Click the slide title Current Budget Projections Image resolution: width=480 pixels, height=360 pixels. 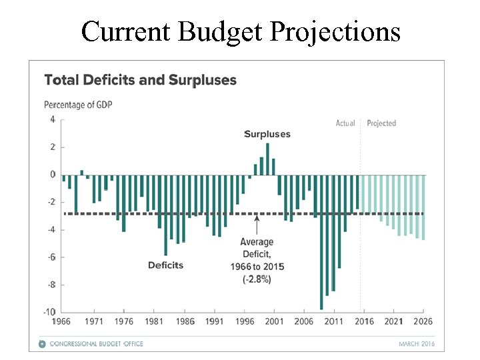pos(240,31)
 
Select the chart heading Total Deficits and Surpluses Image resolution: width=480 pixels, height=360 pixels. pos(140,81)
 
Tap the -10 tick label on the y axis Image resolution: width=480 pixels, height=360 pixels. pos(49,312)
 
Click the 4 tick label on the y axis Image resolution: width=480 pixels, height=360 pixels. pos(52,120)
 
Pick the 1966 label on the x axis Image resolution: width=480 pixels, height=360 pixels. pos(63,322)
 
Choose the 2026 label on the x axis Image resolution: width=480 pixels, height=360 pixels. pos(423,322)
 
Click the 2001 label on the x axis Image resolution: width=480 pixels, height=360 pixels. pos(273,322)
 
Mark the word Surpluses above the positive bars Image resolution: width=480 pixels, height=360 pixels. pos(267,134)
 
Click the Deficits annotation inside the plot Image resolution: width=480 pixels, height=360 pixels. pos(165,265)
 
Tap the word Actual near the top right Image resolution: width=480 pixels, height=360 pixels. pos(345,123)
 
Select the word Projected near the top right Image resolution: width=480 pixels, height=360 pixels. pos(381,123)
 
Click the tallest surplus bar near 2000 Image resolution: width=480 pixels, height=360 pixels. pos(267,159)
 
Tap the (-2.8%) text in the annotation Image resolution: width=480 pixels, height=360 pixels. pos(257,280)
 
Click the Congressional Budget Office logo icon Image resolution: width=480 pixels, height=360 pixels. pos(42,344)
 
